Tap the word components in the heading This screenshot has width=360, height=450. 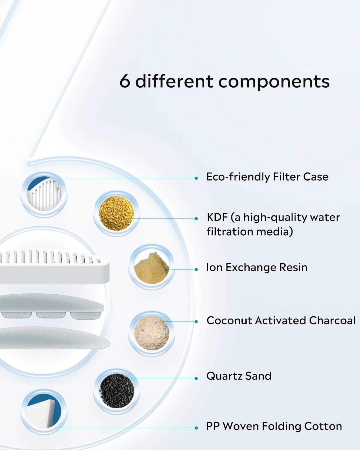[274, 82]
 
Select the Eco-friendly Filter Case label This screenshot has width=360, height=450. [267, 177]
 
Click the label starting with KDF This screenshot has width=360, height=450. [273, 224]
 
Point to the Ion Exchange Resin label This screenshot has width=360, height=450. [257, 267]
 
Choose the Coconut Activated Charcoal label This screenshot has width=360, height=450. [281, 320]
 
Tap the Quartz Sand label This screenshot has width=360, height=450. [239, 376]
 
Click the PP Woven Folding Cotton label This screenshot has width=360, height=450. [274, 426]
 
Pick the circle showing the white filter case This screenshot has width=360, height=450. [44, 195]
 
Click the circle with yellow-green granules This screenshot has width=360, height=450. [116, 213]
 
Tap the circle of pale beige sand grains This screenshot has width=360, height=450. [151, 333]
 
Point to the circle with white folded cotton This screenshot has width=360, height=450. [44, 412]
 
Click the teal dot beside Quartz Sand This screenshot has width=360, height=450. [196, 378]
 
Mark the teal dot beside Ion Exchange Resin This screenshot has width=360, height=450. [196, 269]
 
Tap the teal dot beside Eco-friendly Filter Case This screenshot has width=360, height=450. [196, 178]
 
